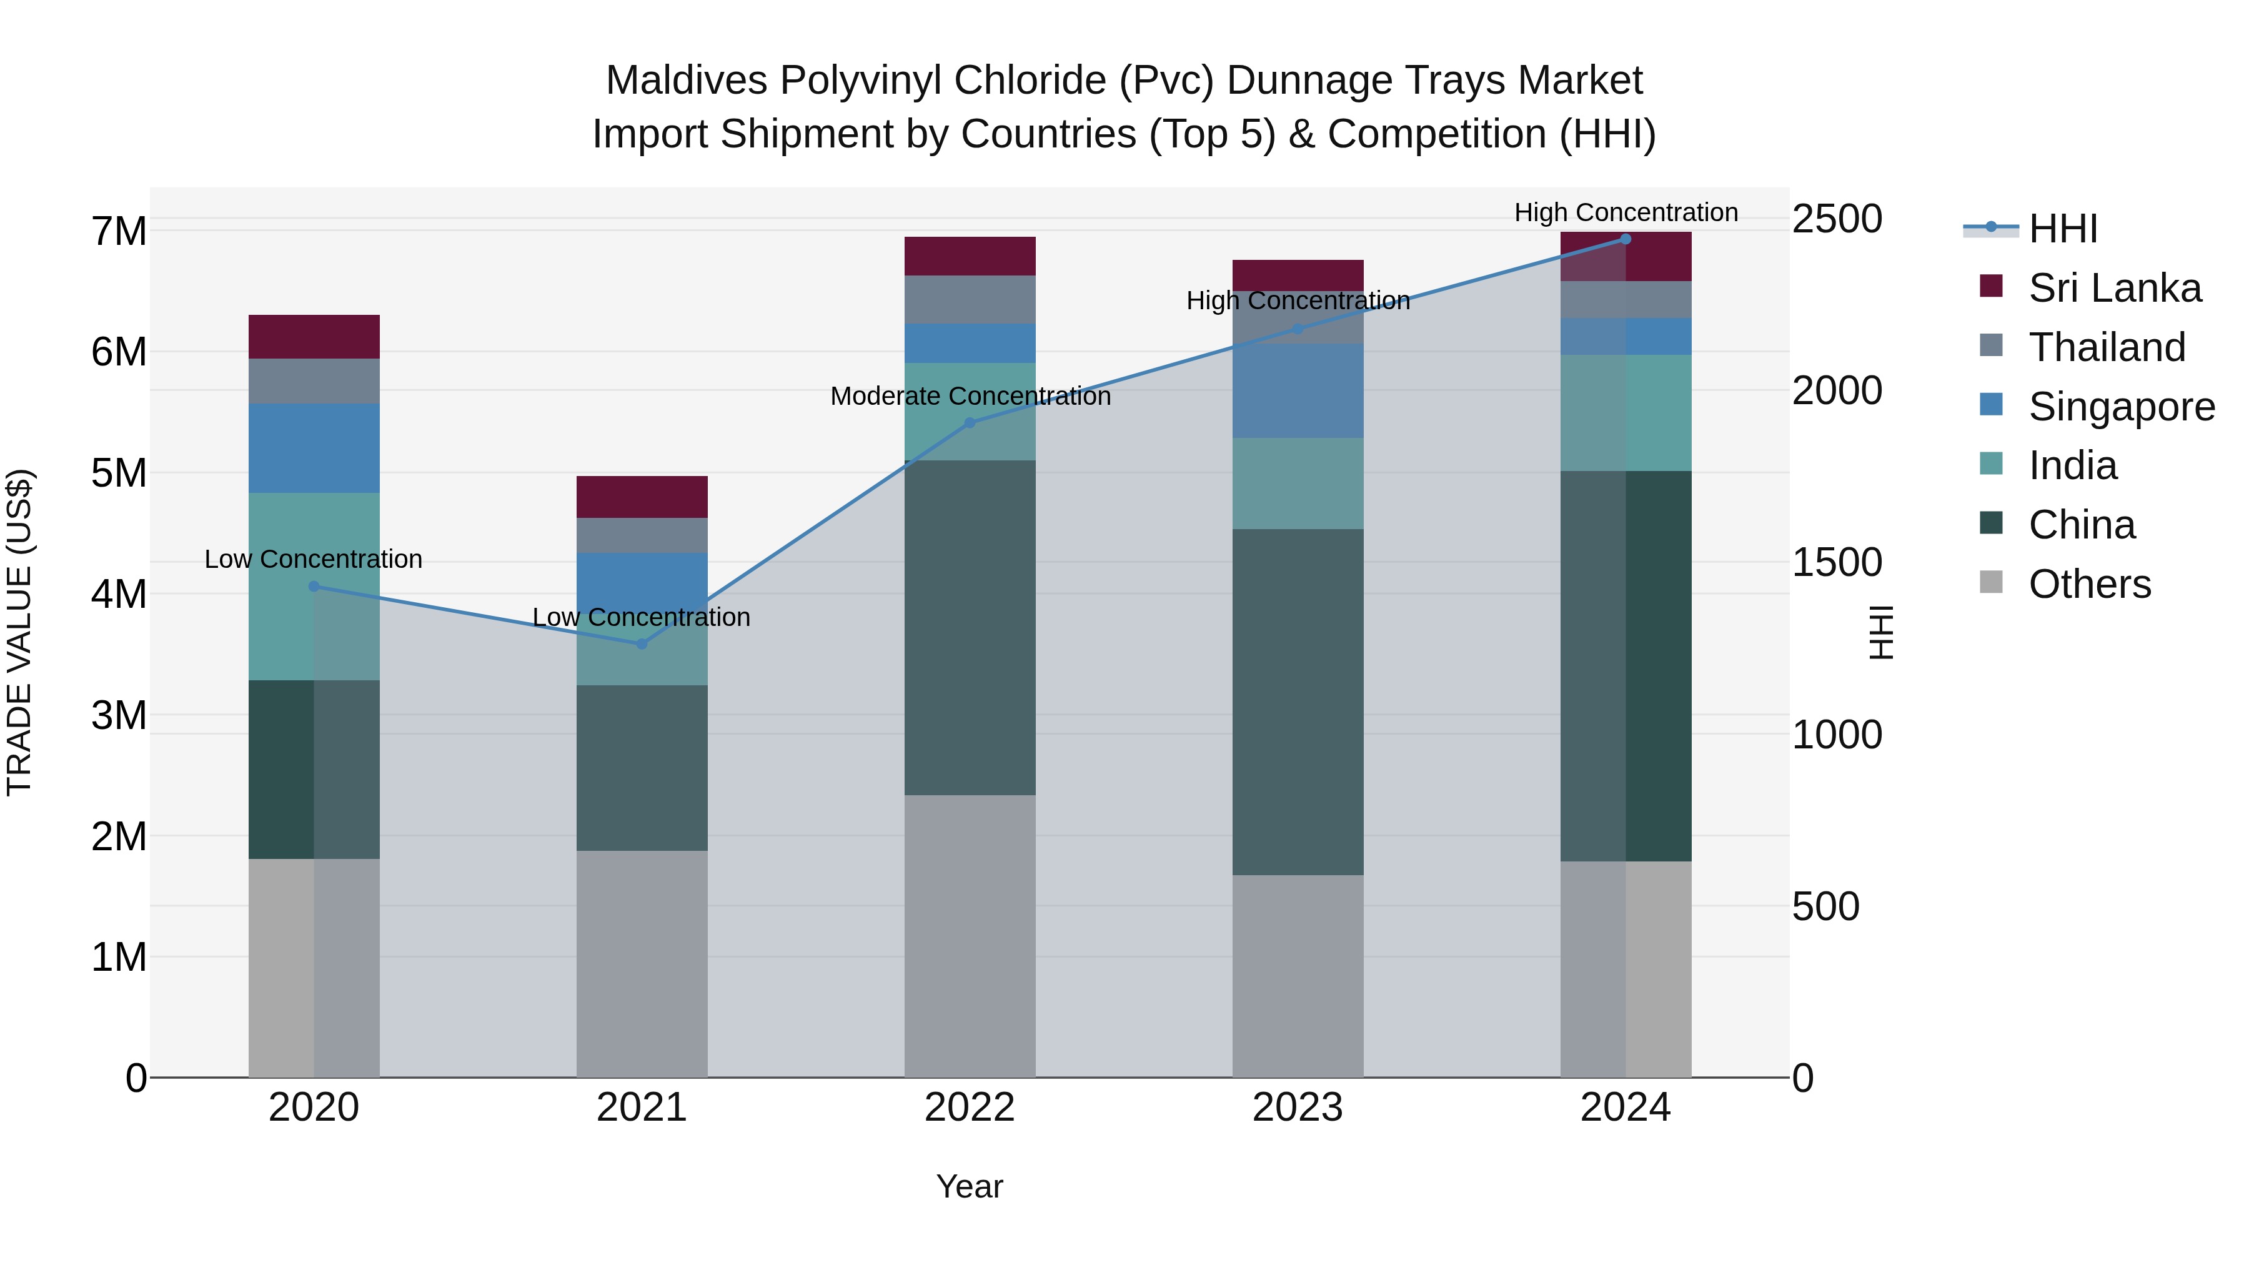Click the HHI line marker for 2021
click(x=642, y=644)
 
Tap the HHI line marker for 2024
click(x=1625, y=239)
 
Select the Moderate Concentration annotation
click(x=970, y=396)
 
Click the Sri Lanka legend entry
click(x=2113, y=288)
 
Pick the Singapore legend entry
click(x=2121, y=407)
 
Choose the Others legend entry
click(x=2089, y=584)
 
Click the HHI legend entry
click(x=2062, y=229)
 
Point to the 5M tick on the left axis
click(x=119, y=473)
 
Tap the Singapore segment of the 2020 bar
click(x=314, y=448)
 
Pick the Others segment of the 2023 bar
click(x=1298, y=975)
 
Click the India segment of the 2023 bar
click(x=1298, y=483)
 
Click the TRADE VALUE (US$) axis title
click(x=19, y=632)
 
